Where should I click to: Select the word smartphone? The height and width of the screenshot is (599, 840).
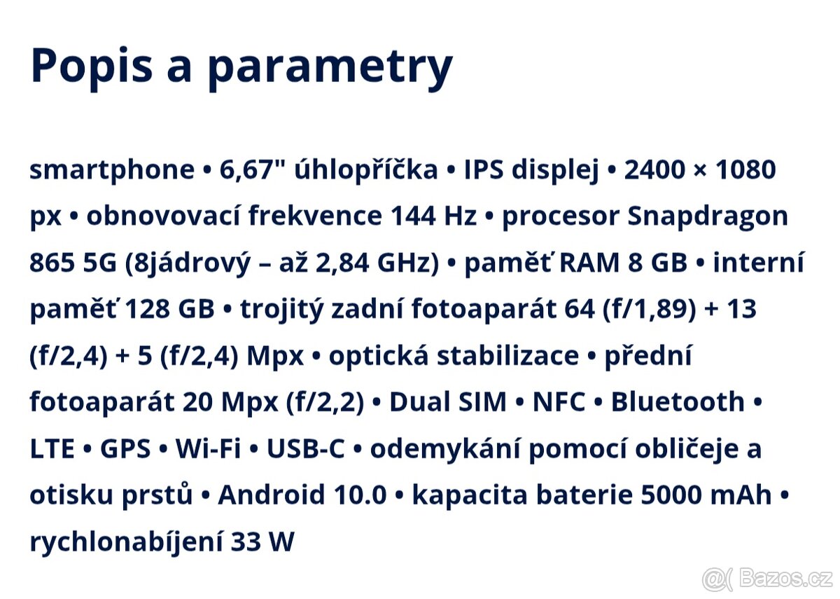(x=112, y=170)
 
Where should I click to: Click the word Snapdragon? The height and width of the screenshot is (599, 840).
(x=708, y=217)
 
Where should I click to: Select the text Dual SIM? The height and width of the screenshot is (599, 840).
(x=447, y=402)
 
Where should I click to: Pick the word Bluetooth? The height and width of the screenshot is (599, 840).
(x=678, y=402)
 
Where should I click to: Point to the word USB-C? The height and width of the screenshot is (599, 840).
(x=306, y=449)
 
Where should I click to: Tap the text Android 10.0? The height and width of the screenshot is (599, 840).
(x=302, y=495)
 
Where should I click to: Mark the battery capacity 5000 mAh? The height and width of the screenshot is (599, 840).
(x=706, y=495)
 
